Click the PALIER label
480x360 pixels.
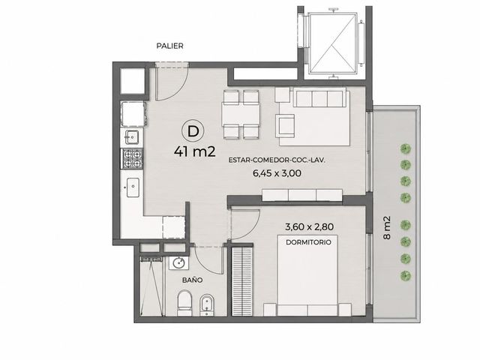(170, 46)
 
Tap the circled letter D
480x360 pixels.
(193, 131)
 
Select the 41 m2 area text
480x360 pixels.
(195, 151)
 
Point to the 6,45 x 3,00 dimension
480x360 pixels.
(277, 173)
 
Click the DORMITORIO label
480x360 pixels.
(308, 242)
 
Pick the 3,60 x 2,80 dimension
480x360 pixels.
(309, 226)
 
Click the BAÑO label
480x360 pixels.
(192, 280)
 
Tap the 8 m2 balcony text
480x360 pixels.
(387, 228)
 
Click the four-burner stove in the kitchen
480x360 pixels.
(133, 158)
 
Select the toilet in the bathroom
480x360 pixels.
(184, 303)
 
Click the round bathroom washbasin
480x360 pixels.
(178, 263)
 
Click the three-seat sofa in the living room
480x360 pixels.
(320, 97)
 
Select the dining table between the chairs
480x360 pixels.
(241, 114)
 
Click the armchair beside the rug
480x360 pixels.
(285, 127)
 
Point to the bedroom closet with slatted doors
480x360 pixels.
(242, 281)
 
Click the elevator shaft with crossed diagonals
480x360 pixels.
(333, 43)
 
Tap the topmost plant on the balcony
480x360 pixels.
(406, 149)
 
